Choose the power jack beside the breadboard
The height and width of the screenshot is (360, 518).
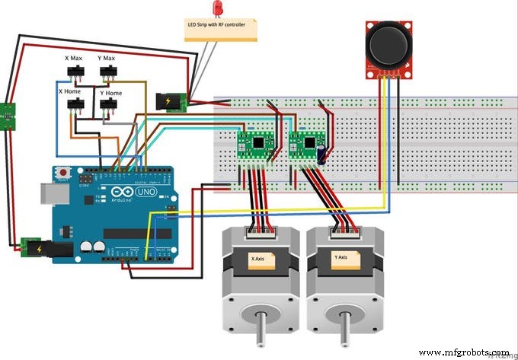pos(171,102)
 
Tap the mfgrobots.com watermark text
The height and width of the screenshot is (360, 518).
pos(465,352)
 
